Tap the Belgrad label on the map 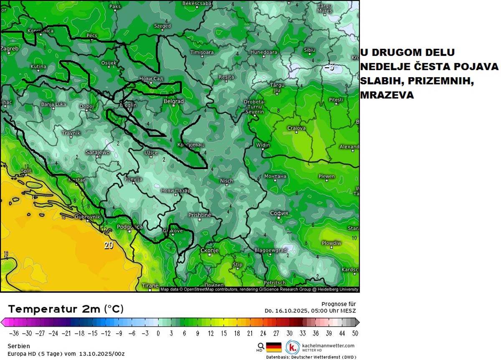tap(174, 101)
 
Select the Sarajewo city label tap(97, 152)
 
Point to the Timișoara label tap(202, 53)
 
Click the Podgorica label tap(130, 227)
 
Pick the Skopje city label tap(210, 250)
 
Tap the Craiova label tap(296, 128)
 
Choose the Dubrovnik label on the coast tap(88, 217)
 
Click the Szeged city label tap(162, 26)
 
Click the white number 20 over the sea tap(109, 245)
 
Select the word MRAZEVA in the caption tap(387, 95)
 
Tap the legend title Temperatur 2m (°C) tap(66, 309)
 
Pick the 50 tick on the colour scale tap(354, 333)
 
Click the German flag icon tap(274, 347)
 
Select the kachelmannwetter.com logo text tap(327, 345)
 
